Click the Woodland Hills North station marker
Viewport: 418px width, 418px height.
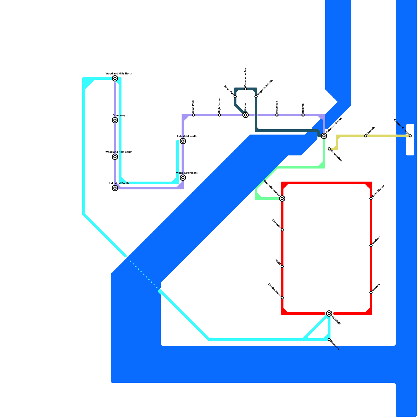(x=115, y=78)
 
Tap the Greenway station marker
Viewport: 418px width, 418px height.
(x=115, y=120)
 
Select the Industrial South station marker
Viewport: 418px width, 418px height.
(x=115, y=188)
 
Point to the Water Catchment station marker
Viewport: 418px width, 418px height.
(x=183, y=178)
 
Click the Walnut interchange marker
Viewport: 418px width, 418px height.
(x=246, y=115)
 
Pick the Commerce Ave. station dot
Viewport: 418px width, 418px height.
(x=246, y=89)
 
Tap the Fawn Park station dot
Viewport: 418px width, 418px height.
(x=235, y=97)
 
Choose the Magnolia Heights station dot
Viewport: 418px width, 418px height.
(x=256, y=97)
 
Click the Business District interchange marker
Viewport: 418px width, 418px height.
(x=324, y=136)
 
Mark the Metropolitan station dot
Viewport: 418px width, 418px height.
(x=329, y=149)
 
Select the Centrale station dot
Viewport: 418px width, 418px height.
(x=366, y=136)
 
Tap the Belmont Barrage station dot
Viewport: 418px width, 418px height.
(x=410, y=136)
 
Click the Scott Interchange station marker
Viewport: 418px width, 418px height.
(x=282, y=199)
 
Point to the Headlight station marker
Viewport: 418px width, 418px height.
(x=329, y=313)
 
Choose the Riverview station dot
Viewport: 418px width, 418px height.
(x=329, y=340)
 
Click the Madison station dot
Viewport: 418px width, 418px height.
(x=371, y=246)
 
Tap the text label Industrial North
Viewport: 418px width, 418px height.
(x=187, y=136)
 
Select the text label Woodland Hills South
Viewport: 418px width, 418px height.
(x=119, y=152)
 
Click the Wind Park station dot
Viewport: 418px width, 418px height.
(x=193, y=115)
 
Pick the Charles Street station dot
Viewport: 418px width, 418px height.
(x=282, y=298)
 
